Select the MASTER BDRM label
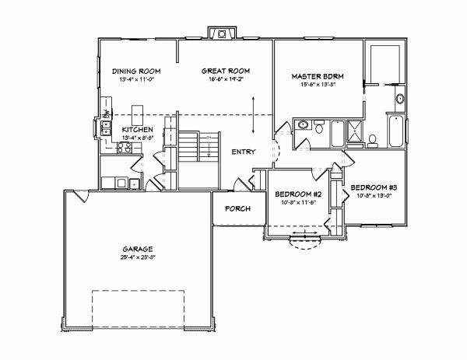click(x=318, y=76)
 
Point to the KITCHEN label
click(x=136, y=130)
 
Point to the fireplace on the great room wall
click(x=222, y=34)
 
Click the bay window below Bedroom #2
click(x=304, y=239)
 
